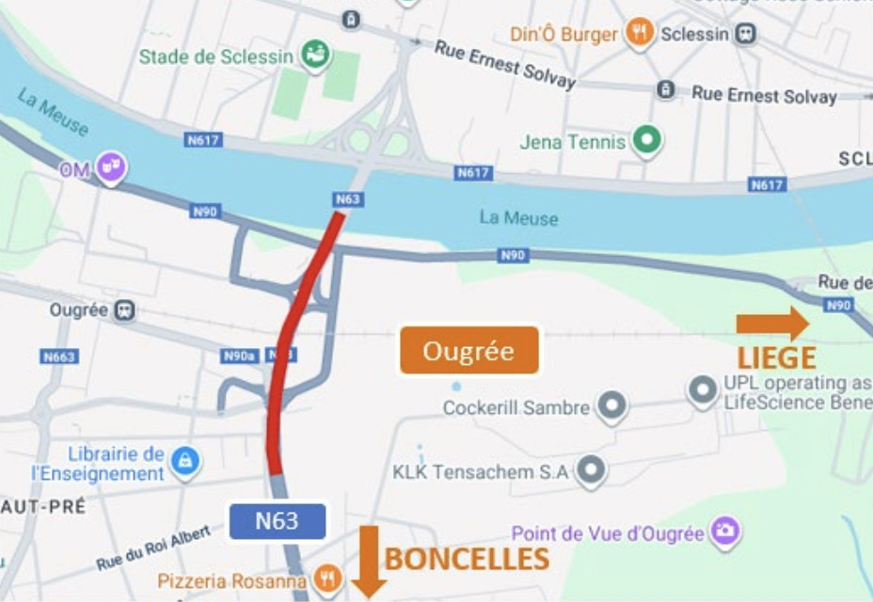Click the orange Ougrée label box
pyautogui.click(x=468, y=351)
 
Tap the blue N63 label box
pyautogui.click(x=277, y=521)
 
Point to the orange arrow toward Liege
pyautogui.click(x=772, y=324)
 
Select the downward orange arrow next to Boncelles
pyautogui.click(x=369, y=561)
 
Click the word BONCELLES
pyautogui.click(x=468, y=559)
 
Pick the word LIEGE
pyautogui.click(x=775, y=357)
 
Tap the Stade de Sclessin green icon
pyautogui.click(x=312, y=55)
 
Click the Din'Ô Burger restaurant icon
pyautogui.click(x=641, y=34)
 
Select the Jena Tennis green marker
pyautogui.click(x=646, y=142)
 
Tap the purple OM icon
pyautogui.click(x=113, y=168)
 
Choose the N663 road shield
pyautogui.click(x=59, y=356)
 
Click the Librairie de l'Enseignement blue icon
pyautogui.click(x=185, y=459)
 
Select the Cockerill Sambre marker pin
pyautogui.click(x=613, y=406)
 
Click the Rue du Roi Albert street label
pyautogui.click(x=152, y=549)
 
